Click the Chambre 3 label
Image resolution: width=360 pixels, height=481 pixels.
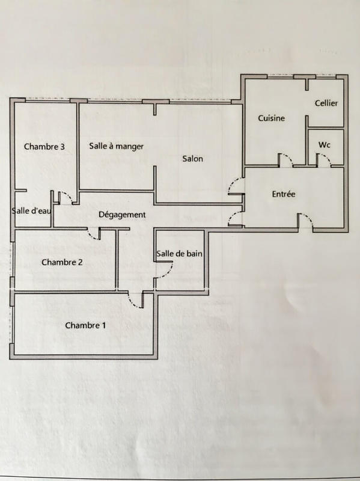coord(44,146)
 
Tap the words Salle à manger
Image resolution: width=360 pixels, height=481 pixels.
coord(116,146)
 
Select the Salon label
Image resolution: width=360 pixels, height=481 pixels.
coord(193,159)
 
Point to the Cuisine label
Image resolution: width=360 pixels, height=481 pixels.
coord(271,118)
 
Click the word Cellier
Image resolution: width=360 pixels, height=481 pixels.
coord(326,103)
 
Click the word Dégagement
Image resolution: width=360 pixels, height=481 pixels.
coord(122,215)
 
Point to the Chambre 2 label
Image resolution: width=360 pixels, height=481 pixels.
coord(62,262)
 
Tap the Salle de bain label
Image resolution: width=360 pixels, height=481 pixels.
coord(179,254)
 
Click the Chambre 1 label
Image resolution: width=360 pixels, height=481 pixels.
coord(85,325)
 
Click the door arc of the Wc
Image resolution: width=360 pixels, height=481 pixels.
coord(323,159)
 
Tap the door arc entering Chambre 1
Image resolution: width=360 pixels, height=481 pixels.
coord(136,300)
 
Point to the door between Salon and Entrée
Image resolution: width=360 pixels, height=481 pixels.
coord(235,187)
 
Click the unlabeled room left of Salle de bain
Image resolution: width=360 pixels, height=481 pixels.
coord(136,259)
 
